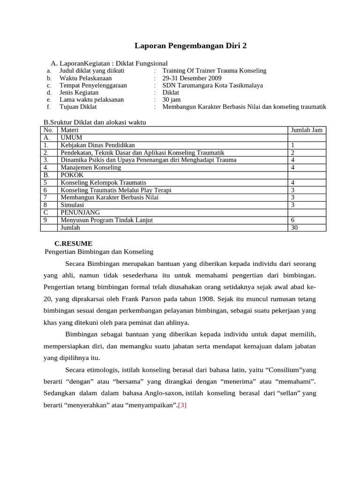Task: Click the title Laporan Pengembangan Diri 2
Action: point(190,45)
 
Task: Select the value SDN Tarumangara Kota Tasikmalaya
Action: point(212,85)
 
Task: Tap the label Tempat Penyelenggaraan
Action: point(93,85)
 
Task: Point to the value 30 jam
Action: point(171,100)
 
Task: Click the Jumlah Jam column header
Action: point(307,130)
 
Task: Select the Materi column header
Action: point(69,130)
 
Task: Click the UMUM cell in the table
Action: point(71,137)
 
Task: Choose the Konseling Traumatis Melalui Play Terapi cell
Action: point(116,190)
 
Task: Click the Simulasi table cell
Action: point(72,205)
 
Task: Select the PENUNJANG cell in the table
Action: point(80,212)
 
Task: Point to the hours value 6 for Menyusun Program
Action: point(292,220)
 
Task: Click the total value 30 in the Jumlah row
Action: point(294,227)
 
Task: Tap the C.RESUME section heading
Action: point(74,243)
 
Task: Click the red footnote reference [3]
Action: point(182,405)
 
